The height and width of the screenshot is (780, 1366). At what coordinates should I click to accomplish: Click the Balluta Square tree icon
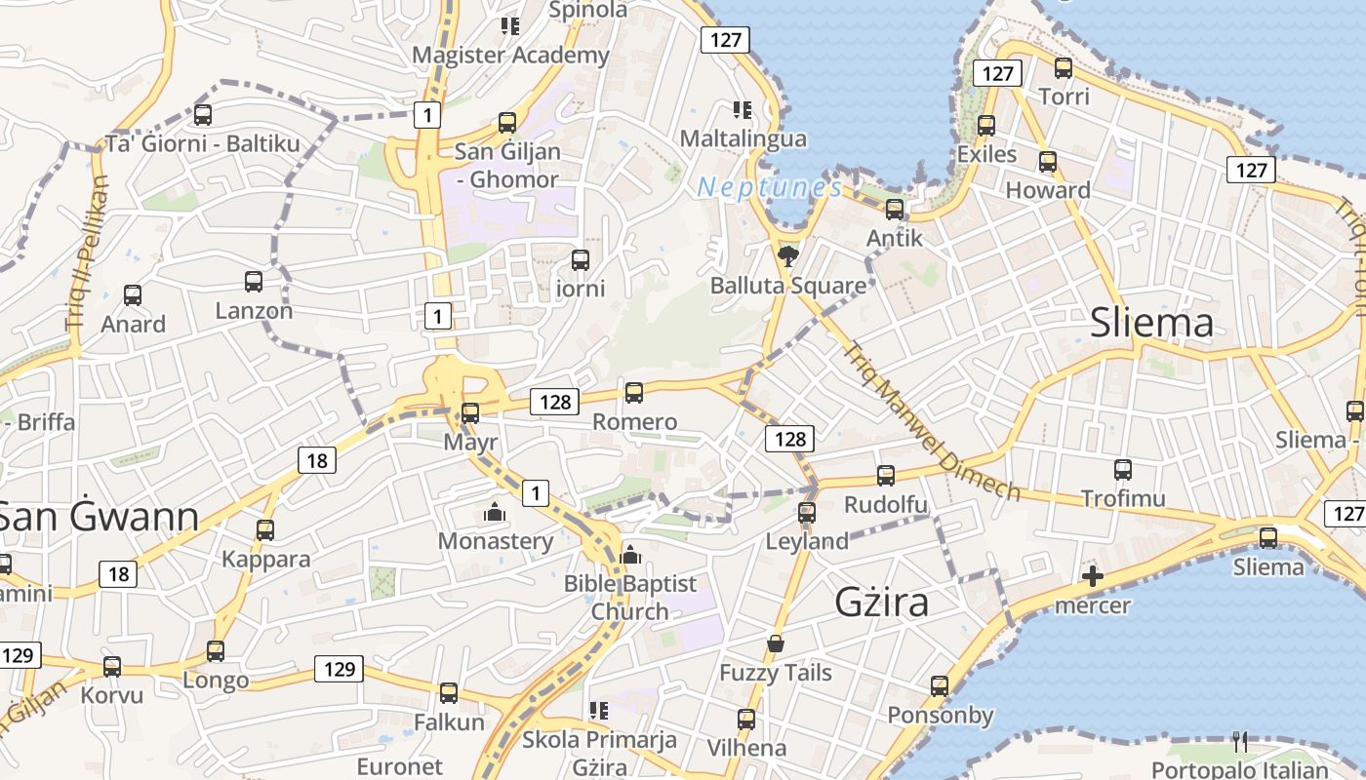click(787, 256)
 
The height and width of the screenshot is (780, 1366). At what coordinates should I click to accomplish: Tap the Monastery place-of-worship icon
click(495, 512)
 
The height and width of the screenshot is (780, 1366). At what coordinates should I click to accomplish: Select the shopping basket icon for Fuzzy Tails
click(776, 643)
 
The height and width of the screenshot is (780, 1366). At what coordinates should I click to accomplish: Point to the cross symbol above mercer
click(1093, 577)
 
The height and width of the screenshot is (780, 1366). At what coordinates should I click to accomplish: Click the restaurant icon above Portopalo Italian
click(1239, 742)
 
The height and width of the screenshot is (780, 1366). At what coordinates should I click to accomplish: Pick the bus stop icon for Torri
click(1064, 68)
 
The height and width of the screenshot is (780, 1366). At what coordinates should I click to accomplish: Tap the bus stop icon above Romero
click(634, 393)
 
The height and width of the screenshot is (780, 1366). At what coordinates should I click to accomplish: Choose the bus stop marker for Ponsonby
click(940, 686)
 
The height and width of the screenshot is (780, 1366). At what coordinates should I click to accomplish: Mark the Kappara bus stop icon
click(265, 530)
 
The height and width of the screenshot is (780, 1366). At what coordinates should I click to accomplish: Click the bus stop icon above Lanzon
click(254, 282)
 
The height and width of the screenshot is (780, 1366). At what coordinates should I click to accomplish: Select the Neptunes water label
click(770, 187)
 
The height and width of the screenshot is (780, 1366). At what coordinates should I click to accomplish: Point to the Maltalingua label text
click(743, 138)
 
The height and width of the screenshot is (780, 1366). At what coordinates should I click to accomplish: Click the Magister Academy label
click(510, 56)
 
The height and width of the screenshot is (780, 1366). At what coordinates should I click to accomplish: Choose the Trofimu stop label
click(1123, 499)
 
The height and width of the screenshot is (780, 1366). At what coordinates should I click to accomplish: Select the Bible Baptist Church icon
click(630, 555)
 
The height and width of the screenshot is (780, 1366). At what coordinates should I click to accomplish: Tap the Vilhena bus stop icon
click(746, 720)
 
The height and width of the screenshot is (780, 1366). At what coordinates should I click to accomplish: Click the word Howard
click(1048, 190)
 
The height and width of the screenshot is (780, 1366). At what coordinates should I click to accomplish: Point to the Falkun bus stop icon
click(449, 693)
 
